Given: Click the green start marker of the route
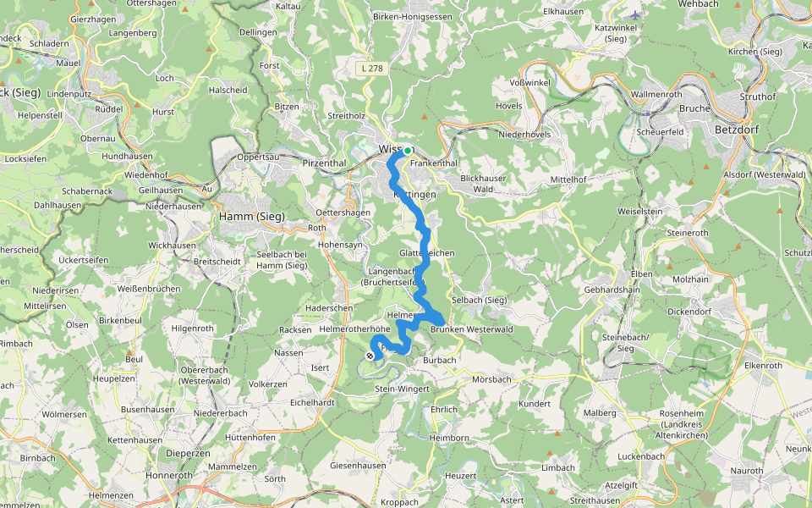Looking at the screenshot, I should pos(408,151).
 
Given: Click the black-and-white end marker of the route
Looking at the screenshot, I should pos(370,356).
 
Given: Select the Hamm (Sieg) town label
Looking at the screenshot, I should pos(252,217).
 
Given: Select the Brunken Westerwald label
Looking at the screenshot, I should pos(472,329).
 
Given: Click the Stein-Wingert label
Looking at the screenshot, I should pos(402,389).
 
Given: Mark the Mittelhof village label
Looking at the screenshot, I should pos(568,179).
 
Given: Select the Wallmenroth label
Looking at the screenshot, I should pos(656,94).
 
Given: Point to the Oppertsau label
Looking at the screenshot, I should pos(258,157).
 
